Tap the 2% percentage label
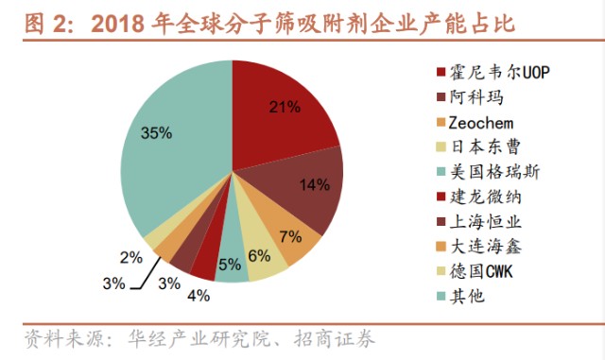(x=130, y=257)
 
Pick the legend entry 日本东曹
(x=477, y=146)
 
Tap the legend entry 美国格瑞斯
(x=483, y=171)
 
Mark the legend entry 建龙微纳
(x=477, y=197)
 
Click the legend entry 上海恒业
(x=477, y=221)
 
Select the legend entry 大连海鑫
(x=477, y=246)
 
